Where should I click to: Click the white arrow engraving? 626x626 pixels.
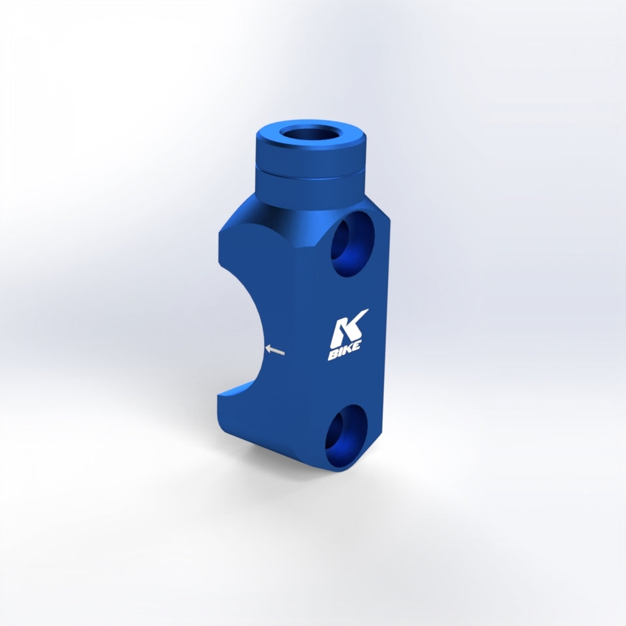pos(275,350)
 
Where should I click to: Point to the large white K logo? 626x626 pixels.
pos(348,328)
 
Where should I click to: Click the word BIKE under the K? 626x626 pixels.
pos(345,351)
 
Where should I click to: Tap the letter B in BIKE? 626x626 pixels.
pos(332,356)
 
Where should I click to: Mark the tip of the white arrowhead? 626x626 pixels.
pos(266,348)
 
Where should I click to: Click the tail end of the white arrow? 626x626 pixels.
pos(284,353)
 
